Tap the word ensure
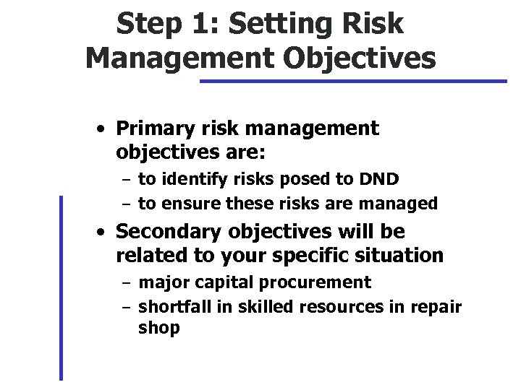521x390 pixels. [192, 204]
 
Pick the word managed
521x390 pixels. [404, 204]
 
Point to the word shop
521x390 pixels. [158, 327]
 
